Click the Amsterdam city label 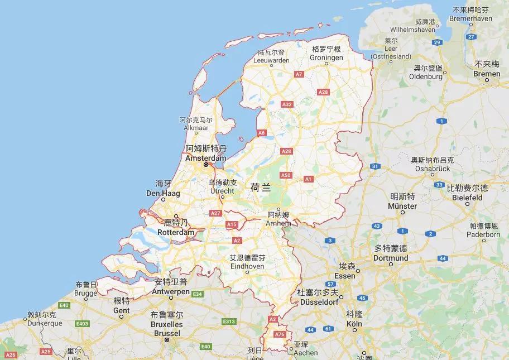pos(206,158)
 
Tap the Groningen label pos(326,57)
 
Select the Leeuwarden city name pos(271,60)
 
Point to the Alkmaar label pos(195,127)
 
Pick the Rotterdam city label pos(176,232)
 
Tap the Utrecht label pos(222,190)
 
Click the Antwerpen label pos(170,291)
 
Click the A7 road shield pos(299,74)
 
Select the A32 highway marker pos(287,104)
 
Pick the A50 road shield pos(285,175)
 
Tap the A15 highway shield pos(232,224)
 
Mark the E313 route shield pos(228,321)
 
